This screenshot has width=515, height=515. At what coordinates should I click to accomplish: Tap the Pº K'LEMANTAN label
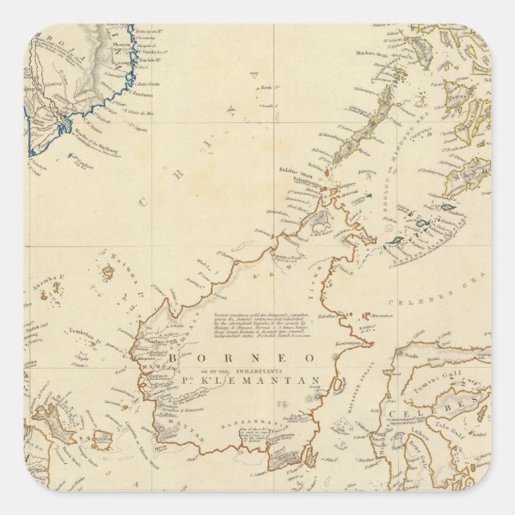pos(264,381)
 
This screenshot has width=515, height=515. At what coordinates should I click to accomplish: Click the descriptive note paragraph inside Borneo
pos(255,325)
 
